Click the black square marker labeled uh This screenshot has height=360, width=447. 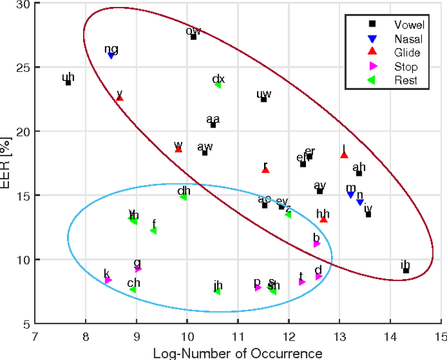coord(68,82)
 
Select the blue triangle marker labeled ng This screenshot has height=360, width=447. coord(111,55)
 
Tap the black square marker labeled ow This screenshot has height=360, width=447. coord(193,36)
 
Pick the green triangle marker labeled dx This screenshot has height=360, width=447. coord(218,84)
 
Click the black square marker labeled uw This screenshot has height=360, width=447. coord(263,99)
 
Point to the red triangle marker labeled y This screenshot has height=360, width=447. coord(119,98)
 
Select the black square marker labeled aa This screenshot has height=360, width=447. coord(213,125)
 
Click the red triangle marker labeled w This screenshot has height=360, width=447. coord(178,149)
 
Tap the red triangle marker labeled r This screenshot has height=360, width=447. coord(265,170)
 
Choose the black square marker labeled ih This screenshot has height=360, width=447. coord(406,270)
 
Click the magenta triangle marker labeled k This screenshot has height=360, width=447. coord(108,280)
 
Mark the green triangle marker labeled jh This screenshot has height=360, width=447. coord(217,291)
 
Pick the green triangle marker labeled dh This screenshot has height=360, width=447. coord(183,197)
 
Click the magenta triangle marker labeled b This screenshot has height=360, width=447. coord(316,243)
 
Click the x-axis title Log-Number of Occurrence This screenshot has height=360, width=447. coord(237,352)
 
